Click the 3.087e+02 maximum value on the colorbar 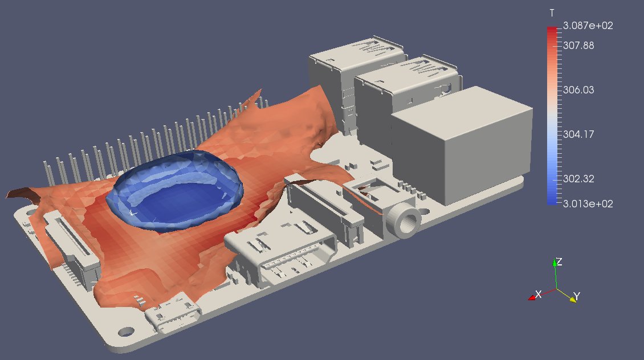(588, 26)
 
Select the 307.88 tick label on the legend (578, 46)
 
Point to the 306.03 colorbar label (578, 90)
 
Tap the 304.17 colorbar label (578, 134)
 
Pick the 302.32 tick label (578, 179)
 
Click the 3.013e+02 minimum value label (588, 204)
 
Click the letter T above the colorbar (552, 14)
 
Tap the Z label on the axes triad (559, 262)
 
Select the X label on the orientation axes (539, 294)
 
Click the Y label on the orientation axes (577, 296)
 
